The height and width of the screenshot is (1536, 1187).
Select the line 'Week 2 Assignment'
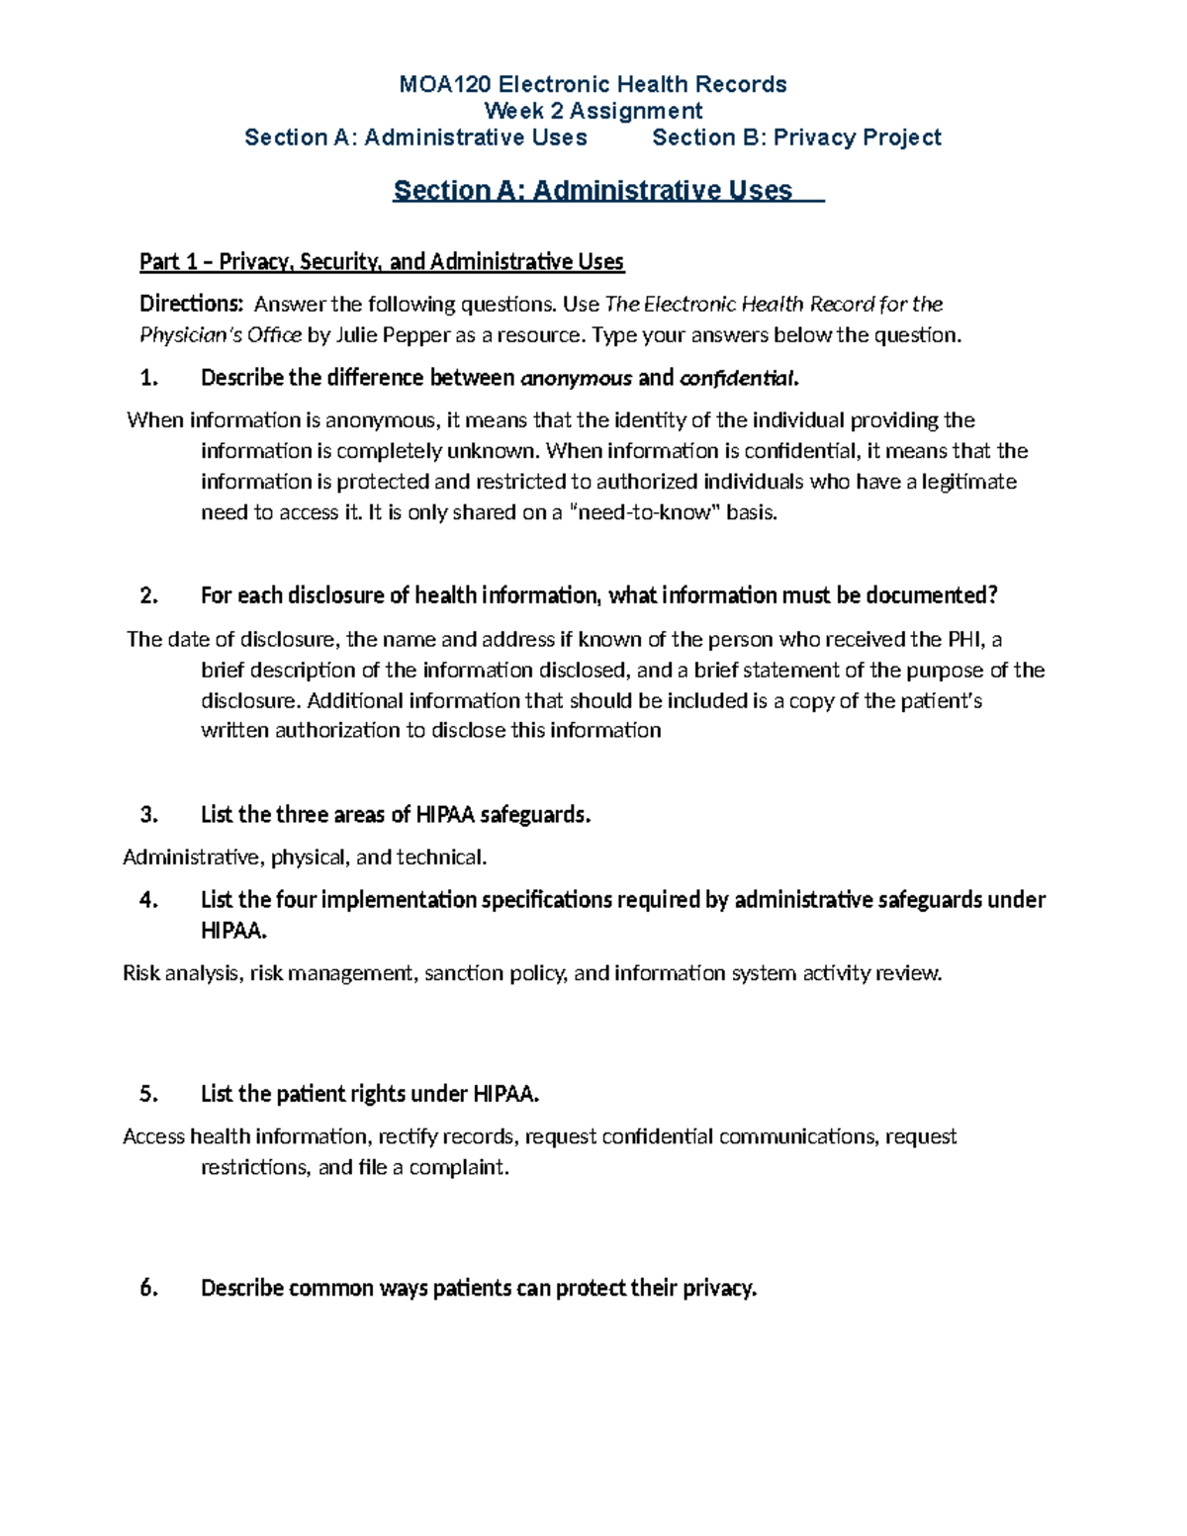[593, 111]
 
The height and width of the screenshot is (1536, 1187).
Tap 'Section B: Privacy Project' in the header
[796, 137]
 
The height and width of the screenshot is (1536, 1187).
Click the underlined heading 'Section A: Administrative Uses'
[593, 190]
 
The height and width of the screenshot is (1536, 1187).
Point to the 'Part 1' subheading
[382, 262]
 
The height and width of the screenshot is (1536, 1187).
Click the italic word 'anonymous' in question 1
[576, 378]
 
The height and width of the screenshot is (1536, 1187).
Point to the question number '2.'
[149, 595]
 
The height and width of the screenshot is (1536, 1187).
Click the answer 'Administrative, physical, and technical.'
[305, 858]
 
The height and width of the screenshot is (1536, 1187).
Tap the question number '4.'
[149, 900]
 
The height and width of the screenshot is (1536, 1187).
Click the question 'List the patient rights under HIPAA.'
[370, 1094]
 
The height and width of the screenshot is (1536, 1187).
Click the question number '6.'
[149, 1288]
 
